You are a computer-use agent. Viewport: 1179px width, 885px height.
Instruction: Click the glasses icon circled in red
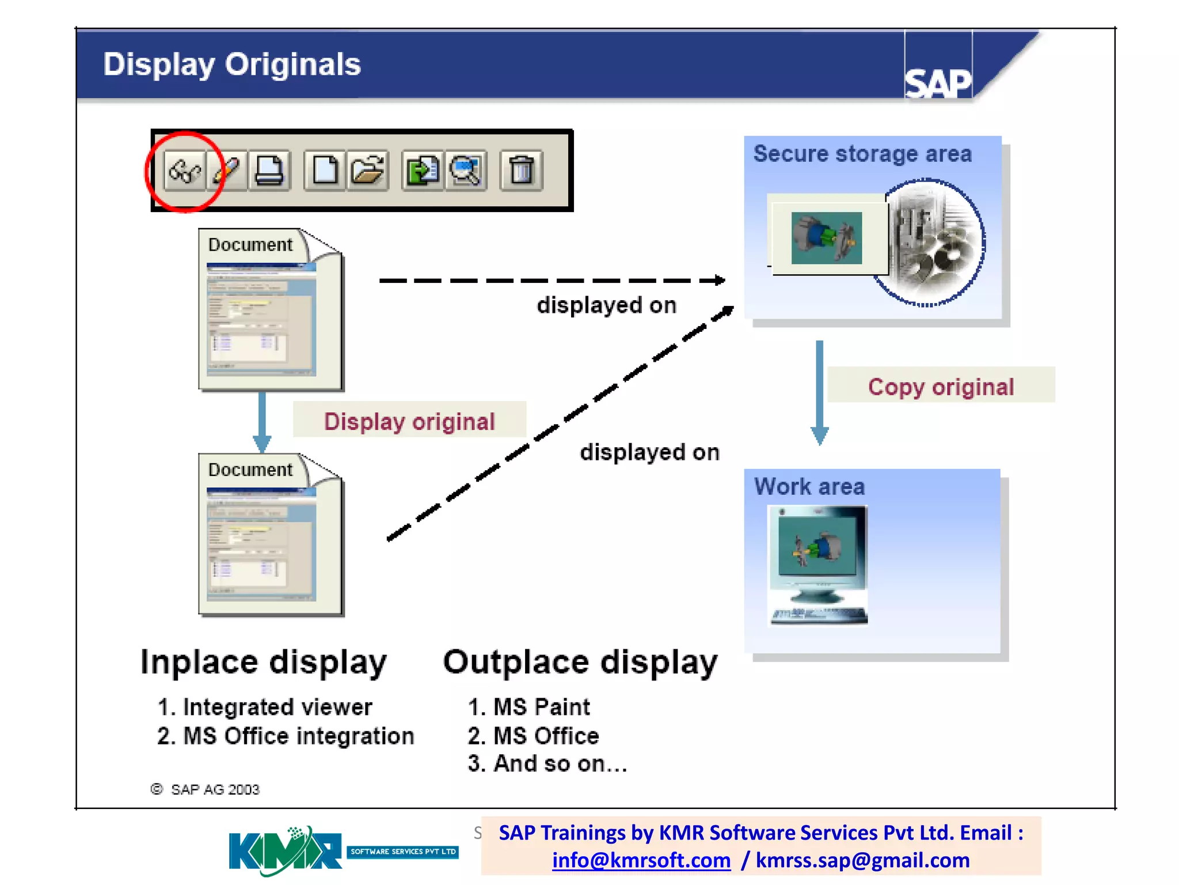pos(184,171)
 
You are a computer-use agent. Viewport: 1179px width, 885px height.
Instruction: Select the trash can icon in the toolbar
pos(522,171)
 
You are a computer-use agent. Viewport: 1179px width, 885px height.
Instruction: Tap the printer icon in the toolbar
pos(269,171)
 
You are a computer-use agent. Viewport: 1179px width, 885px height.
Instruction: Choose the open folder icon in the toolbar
pos(368,171)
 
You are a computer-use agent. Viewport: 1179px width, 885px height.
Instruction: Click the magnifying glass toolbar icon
pos(465,171)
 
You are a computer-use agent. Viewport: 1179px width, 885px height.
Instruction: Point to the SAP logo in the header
pos(938,83)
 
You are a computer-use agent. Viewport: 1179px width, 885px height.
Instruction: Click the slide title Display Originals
pos(231,64)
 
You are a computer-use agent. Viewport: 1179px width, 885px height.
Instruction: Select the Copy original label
pos(941,387)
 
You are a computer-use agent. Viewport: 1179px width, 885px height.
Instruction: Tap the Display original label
pos(409,421)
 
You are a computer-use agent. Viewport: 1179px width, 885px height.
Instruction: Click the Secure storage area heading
pos(862,154)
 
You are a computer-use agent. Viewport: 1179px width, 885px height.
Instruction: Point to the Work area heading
pos(809,487)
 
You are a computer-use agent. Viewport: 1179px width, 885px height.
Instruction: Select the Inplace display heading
pos(264,662)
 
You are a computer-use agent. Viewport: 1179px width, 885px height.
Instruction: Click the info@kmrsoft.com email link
pos(641,860)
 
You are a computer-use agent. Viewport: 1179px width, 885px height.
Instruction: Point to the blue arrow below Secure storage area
pos(819,392)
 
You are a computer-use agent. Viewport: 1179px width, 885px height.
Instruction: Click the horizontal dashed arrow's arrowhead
pos(720,281)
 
